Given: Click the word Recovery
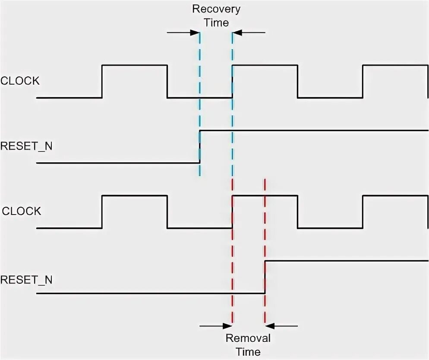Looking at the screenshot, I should pos(216,9).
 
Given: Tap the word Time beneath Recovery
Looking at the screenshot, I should pos(216,22).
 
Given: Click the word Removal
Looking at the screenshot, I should pos(248,338).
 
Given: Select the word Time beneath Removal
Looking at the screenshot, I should pos(249,352).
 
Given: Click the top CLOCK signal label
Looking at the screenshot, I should pos(20,81).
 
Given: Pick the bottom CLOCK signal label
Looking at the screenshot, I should pos(22,211).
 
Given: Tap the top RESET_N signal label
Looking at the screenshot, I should pos(26,146).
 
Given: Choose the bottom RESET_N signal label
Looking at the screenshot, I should pos(26,280).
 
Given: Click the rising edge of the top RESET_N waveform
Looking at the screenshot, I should pos(199,146).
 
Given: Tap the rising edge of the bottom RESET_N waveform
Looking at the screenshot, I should pos(265,277).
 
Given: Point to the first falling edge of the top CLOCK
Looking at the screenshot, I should pos(167,82).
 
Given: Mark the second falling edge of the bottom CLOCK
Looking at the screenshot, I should pos(297,212).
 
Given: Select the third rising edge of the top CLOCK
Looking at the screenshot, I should pos(363,82).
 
